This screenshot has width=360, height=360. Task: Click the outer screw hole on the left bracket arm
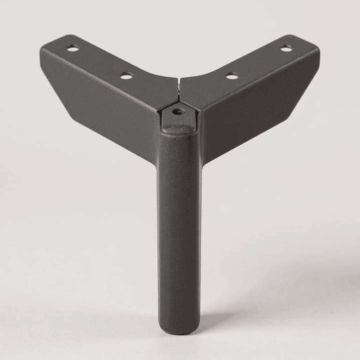pyautogui.click(x=73, y=48)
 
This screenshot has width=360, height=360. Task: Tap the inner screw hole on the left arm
pyautogui.click(x=127, y=76)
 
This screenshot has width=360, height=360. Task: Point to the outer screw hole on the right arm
pyautogui.click(x=286, y=48)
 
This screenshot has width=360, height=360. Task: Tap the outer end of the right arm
pyautogui.click(x=313, y=48)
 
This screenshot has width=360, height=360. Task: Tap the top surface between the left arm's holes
pyautogui.click(x=100, y=62)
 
